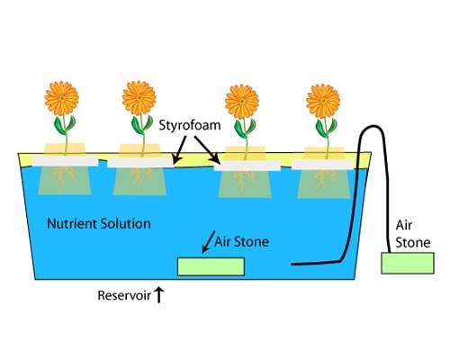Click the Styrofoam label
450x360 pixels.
coord(190,125)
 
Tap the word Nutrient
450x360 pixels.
coord(71,224)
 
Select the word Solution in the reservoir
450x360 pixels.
coord(125,224)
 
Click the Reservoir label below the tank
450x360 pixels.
coord(124,296)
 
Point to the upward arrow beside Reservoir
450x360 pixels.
coord(159,295)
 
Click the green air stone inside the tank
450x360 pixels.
coord(211,266)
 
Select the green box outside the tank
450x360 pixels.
coord(408,263)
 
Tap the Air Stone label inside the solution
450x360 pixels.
coord(241,242)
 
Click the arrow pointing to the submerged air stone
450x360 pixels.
coord(209,242)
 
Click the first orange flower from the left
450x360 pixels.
coord(62,98)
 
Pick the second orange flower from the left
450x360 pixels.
coord(139,98)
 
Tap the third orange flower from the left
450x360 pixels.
coord(242,102)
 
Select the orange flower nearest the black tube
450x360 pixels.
coord(323,101)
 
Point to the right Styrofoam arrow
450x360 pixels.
coord(208,150)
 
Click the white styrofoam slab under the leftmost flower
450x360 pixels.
coord(65,161)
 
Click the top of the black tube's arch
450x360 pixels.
coord(372,126)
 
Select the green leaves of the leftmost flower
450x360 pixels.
coord(65,124)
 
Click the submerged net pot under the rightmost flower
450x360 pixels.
coord(324,184)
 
